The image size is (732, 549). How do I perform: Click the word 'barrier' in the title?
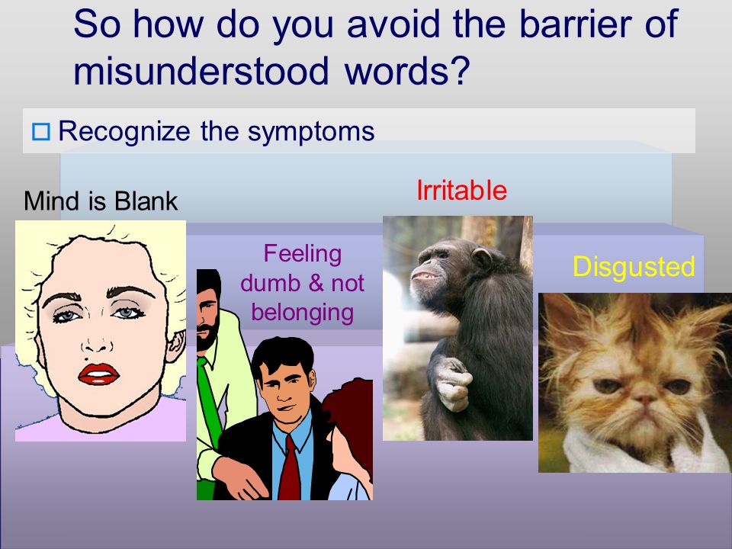click(576, 24)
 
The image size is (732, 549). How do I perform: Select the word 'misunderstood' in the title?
click(201, 71)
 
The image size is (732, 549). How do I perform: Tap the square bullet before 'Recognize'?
click(41, 132)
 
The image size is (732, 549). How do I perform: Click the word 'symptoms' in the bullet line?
click(311, 132)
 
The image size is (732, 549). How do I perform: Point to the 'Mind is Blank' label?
click(101, 201)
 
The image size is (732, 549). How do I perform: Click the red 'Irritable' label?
click(461, 190)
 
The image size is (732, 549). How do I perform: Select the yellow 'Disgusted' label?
click(634, 267)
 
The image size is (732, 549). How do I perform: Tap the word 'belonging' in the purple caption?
click(302, 313)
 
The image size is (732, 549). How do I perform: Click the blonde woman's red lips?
click(98, 374)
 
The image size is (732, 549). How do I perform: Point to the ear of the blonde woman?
click(175, 345)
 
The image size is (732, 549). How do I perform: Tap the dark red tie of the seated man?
click(290, 467)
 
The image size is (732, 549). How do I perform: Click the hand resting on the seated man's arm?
click(240, 477)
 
